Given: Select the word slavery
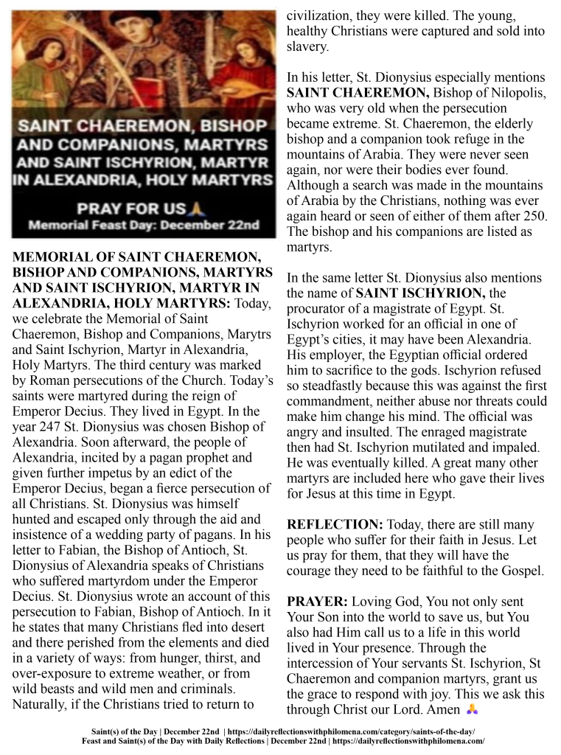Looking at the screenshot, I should [307, 47].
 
